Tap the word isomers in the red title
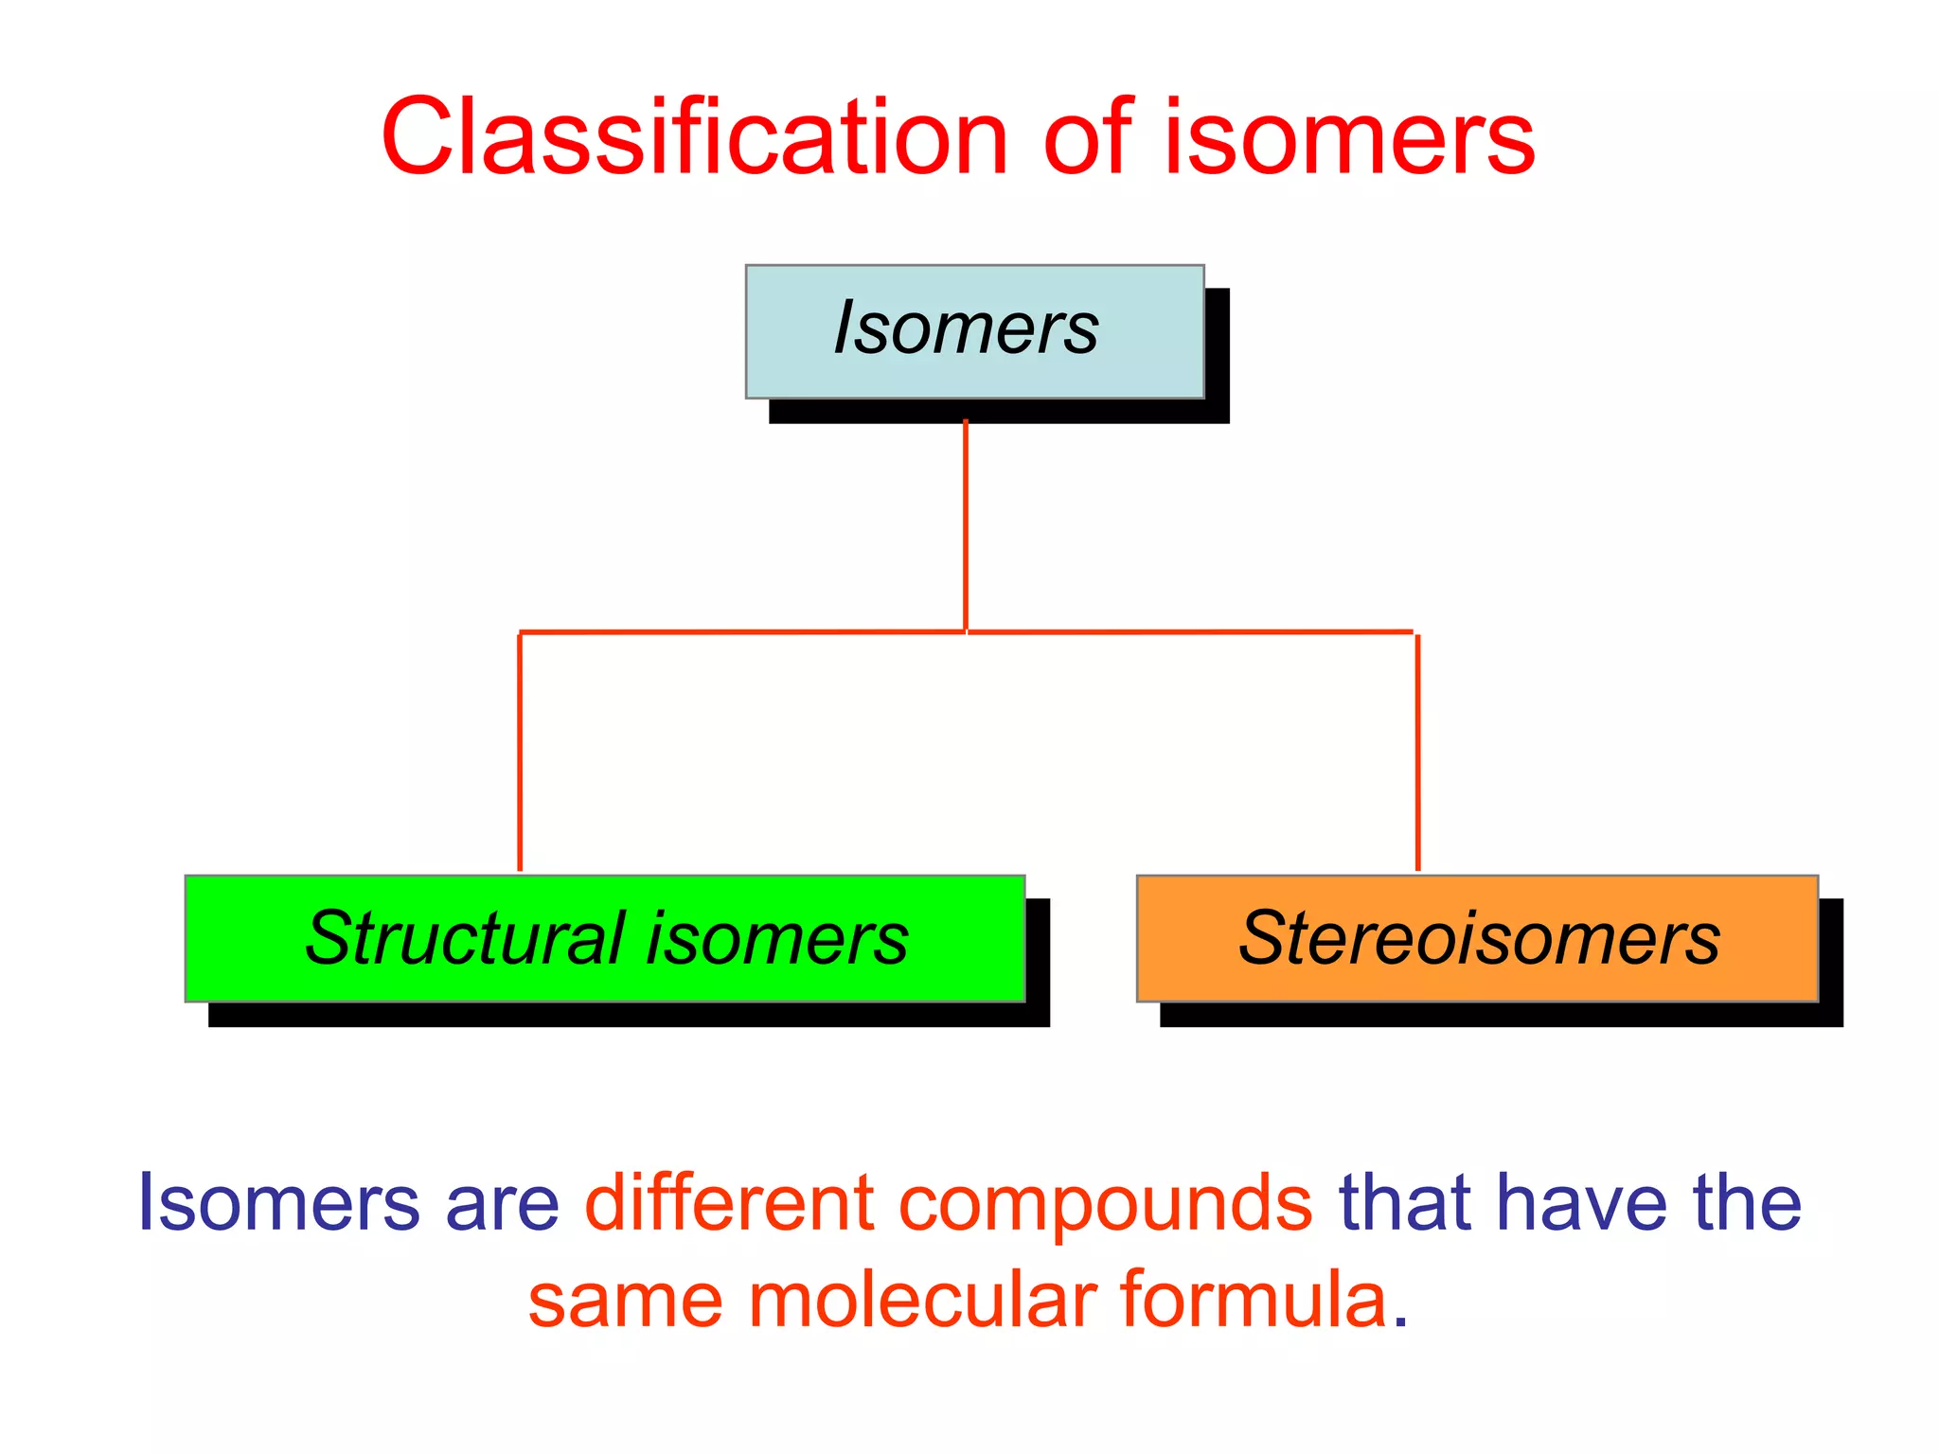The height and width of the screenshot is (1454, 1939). pyautogui.click(x=1348, y=138)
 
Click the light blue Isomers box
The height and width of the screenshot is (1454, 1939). pyautogui.click(x=974, y=330)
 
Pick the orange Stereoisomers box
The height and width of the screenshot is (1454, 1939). pyautogui.click(x=1477, y=938)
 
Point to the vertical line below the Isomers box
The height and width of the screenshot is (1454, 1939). pyautogui.click(x=965, y=525)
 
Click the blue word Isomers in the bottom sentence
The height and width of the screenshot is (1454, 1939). pyautogui.click(x=279, y=1202)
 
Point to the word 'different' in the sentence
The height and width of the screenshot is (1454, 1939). pyautogui.click(x=729, y=1202)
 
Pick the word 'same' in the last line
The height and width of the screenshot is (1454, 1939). pyautogui.click(x=626, y=1302)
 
